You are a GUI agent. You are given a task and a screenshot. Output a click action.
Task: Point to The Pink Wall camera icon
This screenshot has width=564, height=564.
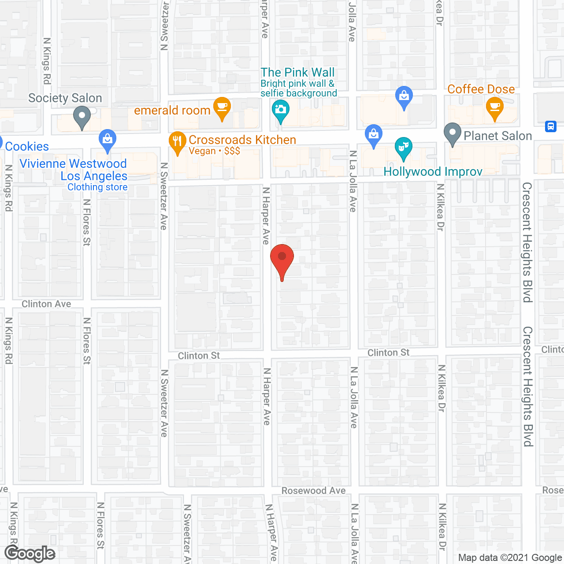click(x=280, y=109)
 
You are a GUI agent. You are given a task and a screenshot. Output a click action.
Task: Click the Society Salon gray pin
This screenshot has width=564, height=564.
click(x=82, y=118)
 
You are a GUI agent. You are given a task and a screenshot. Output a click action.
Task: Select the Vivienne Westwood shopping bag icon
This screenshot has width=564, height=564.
click(x=107, y=140)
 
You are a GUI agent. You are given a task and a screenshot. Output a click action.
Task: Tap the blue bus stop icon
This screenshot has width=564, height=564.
click(x=550, y=126)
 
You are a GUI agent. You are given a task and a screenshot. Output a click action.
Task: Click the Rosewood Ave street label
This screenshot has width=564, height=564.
click(x=313, y=490)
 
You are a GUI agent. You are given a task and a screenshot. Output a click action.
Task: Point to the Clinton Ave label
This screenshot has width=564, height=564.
click(x=46, y=304)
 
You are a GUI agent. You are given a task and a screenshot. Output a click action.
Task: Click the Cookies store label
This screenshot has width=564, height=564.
click(x=27, y=146)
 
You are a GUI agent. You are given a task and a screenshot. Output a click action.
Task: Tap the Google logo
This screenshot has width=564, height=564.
click(x=30, y=553)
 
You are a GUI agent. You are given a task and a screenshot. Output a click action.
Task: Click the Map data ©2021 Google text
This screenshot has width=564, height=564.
click(x=510, y=558)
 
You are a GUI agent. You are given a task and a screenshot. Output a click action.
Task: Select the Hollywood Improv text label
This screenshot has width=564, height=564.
click(x=433, y=171)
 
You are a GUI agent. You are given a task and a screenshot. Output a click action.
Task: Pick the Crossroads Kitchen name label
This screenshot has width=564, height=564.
click(x=242, y=140)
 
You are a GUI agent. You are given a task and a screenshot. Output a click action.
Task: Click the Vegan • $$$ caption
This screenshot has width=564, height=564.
click(x=214, y=151)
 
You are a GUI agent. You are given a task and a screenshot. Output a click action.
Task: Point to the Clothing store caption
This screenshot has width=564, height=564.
click(x=97, y=187)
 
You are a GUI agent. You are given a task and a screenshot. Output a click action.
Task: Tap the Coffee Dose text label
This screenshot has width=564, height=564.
click(x=481, y=89)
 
